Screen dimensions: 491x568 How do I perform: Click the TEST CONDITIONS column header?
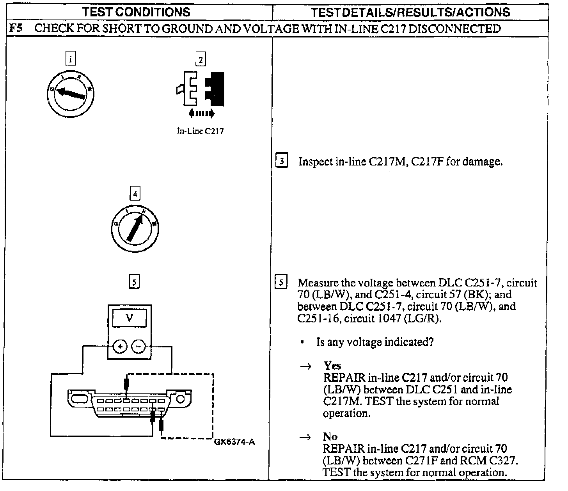point(136,12)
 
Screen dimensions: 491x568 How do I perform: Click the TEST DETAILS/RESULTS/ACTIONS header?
point(410,12)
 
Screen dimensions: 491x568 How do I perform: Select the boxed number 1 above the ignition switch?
point(70,59)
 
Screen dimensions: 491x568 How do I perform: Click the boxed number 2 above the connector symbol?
point(201,60)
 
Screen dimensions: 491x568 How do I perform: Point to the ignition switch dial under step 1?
point(69,93)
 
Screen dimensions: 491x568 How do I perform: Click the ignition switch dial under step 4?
point(135,228)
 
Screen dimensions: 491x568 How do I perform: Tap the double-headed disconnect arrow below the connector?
point(201,114)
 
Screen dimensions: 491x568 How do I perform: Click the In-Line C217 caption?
point(201,131)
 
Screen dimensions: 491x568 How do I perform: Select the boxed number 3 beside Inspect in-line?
point(282,161)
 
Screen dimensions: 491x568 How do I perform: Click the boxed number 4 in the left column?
point(135,194)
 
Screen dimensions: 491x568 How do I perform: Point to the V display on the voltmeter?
point(130,318)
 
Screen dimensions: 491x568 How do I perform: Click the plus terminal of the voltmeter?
point(120,346)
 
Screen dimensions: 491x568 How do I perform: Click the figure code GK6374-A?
point(234,442)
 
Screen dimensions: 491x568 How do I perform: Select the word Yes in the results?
point(332,366)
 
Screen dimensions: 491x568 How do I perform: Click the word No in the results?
point(330,436)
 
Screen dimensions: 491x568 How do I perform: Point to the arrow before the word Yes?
point(307,366)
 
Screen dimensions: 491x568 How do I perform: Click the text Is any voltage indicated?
point(375,342)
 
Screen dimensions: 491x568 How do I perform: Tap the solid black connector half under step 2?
point(216,89)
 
